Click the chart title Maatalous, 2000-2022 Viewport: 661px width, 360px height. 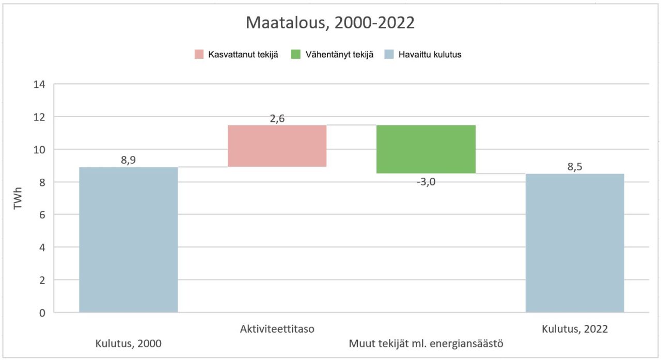(x=330, y=23)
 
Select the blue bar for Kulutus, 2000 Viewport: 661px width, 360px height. (x=128, y=240)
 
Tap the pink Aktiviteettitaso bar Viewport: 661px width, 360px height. (x=277, y=146)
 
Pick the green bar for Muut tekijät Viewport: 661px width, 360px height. (x=426, y=149)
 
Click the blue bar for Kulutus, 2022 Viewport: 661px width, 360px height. (x=574, y=243)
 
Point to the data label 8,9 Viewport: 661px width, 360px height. (x=128, y=160)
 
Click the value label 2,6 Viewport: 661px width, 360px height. (x=277, y=118)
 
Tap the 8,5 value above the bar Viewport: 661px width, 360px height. (x=574, y=167)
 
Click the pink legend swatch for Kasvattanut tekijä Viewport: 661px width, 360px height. (x=199, y=54)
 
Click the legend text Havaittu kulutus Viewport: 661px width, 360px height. (x=430, y=55)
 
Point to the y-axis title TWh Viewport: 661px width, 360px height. (x=18, y=198)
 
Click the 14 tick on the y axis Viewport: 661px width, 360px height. (x=40, y=84)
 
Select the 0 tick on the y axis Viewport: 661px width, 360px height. (x=42, y=312)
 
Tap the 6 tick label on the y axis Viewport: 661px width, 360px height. (x=42, y=215)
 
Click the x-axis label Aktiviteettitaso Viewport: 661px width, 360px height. (x=277, y=328)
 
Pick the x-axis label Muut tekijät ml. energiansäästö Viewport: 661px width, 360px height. (x=426, y=343)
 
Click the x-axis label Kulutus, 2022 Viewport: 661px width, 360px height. (x=574, y=328)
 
